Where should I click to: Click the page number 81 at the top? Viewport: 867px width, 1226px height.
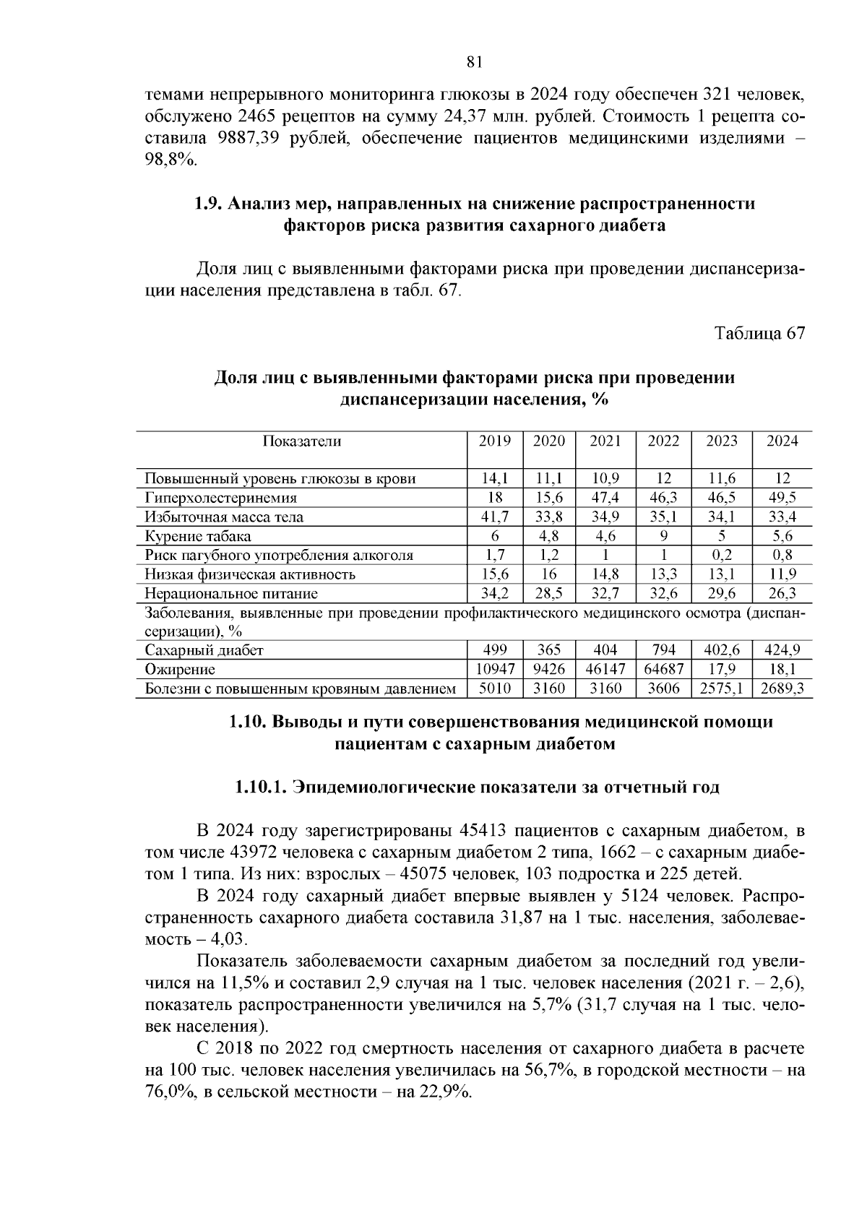click(x=474, y=61)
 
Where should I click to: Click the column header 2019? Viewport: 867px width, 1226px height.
click(x=495, y=441)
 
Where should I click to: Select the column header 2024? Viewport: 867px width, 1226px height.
click(x=782, y=441)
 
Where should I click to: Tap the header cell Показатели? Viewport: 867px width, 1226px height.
click(x=302, y=441)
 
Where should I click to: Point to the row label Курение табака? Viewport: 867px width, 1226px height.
click(x=198, y=536)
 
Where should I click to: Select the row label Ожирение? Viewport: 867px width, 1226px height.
click(x=180, y=669)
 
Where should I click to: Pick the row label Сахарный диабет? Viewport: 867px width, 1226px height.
click(x=204, y=649)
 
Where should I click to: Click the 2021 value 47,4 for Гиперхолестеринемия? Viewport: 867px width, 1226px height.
click(x=605, y=498)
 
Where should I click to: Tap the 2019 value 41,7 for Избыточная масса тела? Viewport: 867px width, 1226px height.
click(x=495, y=517)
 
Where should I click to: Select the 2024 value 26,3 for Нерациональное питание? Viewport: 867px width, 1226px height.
click(x=782, y=593)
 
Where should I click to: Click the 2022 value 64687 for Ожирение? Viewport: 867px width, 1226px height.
click(x=663, y=669)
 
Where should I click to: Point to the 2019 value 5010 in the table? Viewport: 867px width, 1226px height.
click(x=495, y=688)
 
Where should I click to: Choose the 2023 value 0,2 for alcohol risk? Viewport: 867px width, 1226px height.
click(x=721, y=555)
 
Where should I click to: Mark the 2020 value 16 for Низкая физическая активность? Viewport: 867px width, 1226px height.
click(x=549, y=574)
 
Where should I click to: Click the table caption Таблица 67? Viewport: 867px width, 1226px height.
click(x=759, y=333)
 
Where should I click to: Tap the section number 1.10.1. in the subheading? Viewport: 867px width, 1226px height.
click(x=260, y=787)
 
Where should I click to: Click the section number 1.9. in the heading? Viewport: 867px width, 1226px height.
click(x=209, y=204)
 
